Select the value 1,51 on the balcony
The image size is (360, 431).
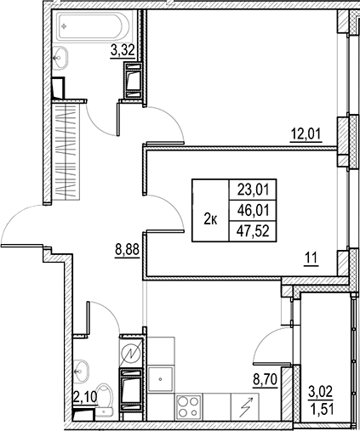click(321, 412)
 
